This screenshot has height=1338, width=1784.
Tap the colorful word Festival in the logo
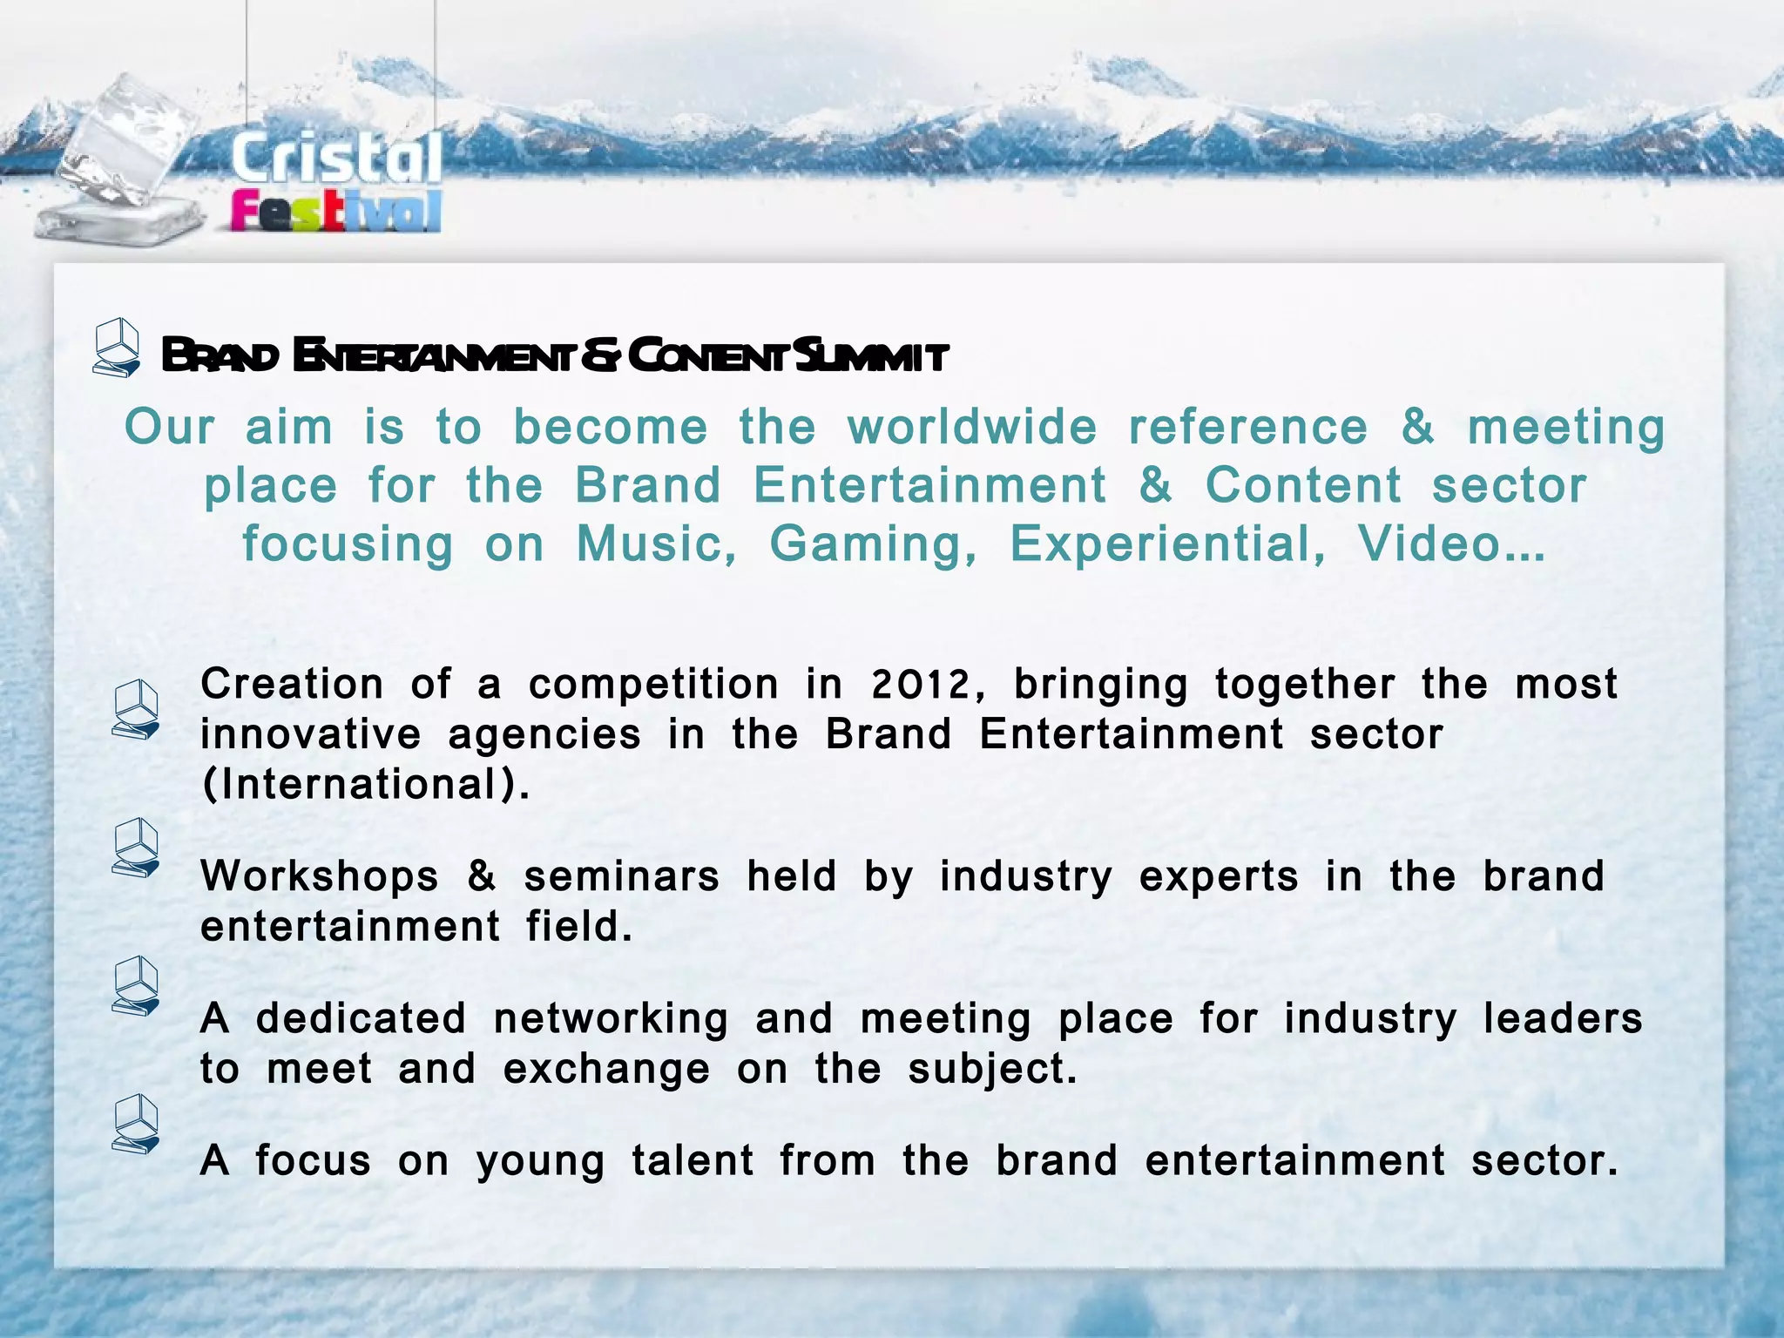(x=336, y=212)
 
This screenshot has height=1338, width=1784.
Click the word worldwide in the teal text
(x=972, y=428)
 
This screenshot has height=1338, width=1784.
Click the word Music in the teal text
(x=656, y=544)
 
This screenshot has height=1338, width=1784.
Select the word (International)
(x=366, y=784)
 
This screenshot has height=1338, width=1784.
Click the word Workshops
(x=320, y=876)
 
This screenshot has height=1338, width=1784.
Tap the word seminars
(x=622, y=876)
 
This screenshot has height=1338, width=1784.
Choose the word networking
(x=611, y=1019)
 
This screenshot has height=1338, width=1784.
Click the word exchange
(x=606, y=1069)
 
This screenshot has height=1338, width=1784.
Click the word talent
(x=693, y=1161)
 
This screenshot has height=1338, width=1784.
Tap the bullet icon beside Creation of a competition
(x=136, y=711)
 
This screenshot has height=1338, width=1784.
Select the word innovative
(x=311, y=734)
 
